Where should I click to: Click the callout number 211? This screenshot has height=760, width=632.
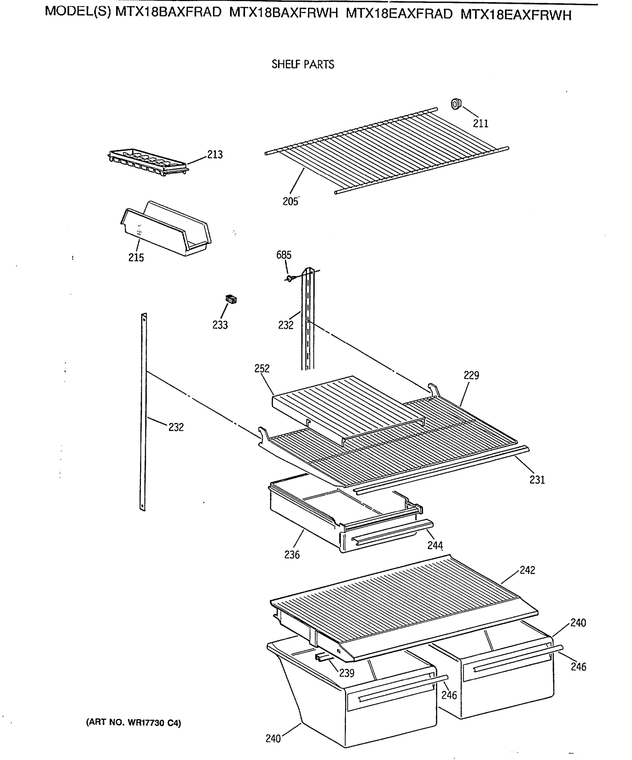480,123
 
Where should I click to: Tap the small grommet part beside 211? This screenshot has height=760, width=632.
456,104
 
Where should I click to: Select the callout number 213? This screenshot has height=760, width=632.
215,155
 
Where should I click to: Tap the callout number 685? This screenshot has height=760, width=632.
283,255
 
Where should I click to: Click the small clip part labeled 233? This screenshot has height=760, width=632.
231,299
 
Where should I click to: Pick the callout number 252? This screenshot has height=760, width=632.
262,368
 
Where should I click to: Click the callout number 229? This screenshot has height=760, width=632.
471,375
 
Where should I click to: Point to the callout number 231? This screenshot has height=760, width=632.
537,480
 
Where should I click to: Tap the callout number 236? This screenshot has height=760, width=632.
292,555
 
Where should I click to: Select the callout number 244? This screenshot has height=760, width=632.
435,545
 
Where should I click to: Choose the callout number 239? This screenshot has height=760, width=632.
346,673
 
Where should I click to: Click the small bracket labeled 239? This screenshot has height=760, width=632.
322,658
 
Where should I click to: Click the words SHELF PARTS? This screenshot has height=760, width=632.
303,64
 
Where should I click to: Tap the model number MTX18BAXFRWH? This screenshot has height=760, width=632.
283,13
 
